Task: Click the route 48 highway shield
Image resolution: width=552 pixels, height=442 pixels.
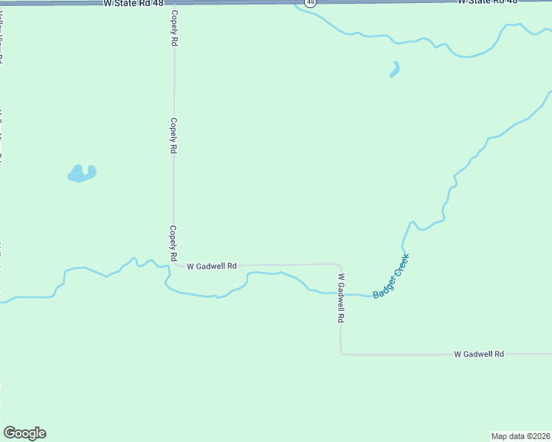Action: tap(311, 3)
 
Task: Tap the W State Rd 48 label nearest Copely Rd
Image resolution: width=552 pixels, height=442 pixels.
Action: tap(133, 4)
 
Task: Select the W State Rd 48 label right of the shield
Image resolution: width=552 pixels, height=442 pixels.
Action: tap(487, 2)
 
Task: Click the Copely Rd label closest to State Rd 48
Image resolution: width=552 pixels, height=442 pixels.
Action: tap(174, 29)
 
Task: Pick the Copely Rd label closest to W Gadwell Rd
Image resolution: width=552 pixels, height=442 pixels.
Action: tap(173, 244)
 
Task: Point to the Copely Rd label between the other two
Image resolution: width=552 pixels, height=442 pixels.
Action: tap(174, 136)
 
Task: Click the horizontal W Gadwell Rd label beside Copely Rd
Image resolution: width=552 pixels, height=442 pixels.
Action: tap(211, 266)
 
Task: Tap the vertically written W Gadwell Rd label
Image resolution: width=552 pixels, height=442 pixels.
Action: tap(341, 299)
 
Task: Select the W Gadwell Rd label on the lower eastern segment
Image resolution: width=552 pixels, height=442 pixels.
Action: tap(478, 354)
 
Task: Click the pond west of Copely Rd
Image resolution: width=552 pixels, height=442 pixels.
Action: tap(82, 174)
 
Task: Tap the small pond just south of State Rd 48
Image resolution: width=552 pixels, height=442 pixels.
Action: tap(395, 70)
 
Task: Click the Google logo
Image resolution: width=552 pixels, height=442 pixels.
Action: tap(24, 433)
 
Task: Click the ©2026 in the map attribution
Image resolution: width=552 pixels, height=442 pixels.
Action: tap(537, 435)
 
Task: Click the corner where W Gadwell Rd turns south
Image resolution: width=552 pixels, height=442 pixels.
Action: tap(339, 264)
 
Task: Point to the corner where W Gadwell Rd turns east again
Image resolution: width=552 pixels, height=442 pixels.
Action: tap(341, 354)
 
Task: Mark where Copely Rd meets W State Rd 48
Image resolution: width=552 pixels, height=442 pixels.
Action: tap(174, 4)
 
